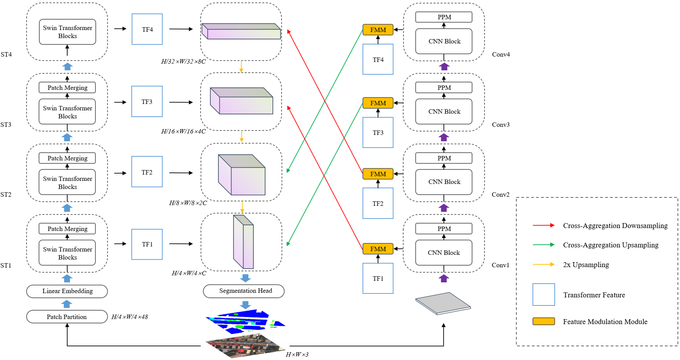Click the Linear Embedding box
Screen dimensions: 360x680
point(67,291)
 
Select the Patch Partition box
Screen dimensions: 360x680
point(67,317)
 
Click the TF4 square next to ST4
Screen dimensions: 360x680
point(147,29)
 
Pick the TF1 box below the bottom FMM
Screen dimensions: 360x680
point(378,278)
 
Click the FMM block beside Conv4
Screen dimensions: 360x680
point(378,30)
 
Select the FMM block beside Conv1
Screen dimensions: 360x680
point(378,249)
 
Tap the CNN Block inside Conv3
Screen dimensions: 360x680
point(444,112)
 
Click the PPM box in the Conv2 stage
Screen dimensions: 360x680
point(444,158)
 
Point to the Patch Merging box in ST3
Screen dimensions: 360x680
point(67,88)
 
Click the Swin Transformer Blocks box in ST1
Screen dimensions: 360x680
point(67,253)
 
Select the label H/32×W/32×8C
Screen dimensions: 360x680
point(183,62)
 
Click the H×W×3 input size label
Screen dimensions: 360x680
point(297,354)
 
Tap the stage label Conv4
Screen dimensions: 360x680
point(500,55)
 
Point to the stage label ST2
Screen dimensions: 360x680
point(6,195)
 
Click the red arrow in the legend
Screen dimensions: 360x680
point(543,225)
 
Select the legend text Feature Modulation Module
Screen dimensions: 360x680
point(605,322)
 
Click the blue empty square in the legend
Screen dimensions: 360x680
point(543,295)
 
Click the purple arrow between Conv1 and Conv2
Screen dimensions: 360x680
point(444,208)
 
